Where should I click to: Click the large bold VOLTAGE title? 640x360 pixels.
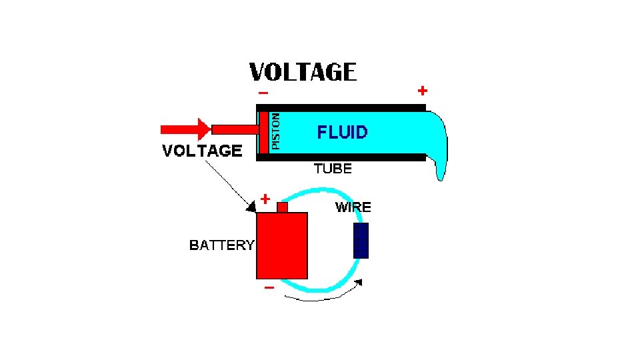[303, 71]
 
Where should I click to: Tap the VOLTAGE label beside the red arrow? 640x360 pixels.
[202, 151]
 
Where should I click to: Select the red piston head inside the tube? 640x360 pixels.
[264, 130]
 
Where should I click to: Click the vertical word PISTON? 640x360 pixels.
[277, 130]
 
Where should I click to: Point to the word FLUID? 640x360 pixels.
[342, 132]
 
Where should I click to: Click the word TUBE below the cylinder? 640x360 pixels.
[333, 169]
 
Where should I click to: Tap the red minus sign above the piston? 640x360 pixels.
[263, 93]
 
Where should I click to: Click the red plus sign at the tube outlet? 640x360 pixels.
[422, 90]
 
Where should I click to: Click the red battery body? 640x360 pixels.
[282, 245]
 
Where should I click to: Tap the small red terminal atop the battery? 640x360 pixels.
[282, 207]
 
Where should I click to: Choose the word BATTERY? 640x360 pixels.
[221, 245]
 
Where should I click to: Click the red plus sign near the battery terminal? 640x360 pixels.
[265, 198]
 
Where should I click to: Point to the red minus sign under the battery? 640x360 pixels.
[269, 288]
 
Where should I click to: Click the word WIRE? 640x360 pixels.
[353, 207]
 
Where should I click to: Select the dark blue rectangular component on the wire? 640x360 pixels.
[361, 241]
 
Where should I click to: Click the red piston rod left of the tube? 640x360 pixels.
[234, 129]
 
